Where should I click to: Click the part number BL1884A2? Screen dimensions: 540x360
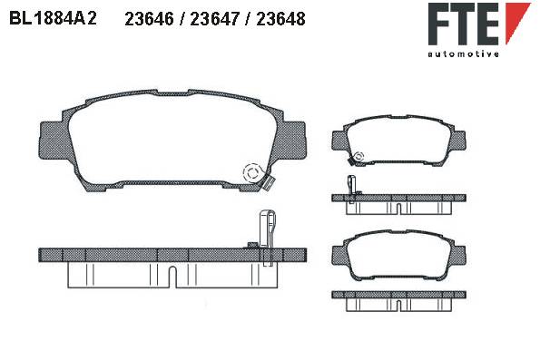53,18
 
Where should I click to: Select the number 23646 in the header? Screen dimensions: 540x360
149,18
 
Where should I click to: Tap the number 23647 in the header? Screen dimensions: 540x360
214,18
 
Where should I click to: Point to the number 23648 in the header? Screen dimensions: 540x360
280,18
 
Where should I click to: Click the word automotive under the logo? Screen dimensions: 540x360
463,54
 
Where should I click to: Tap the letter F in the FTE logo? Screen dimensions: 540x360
438,24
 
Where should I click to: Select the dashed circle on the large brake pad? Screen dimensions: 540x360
252,173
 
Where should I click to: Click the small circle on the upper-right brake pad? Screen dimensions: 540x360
358,157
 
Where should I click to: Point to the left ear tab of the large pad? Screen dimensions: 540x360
52,140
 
